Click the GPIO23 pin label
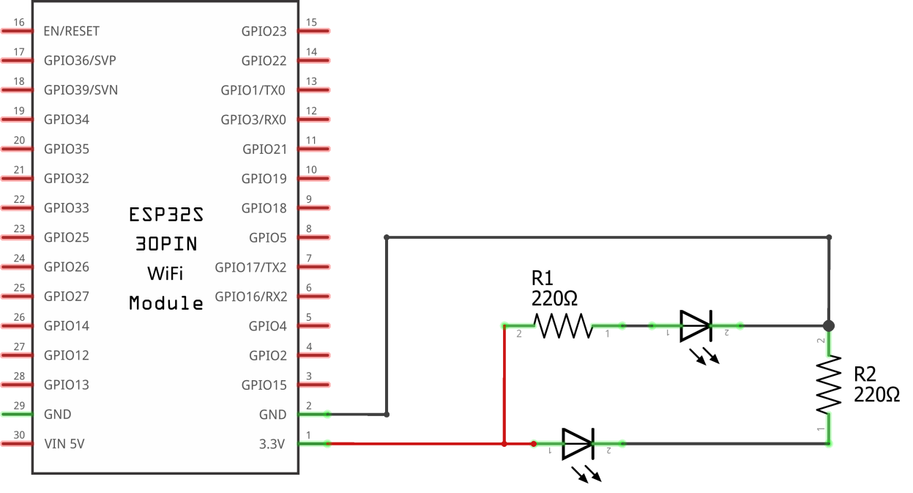click(264, 31)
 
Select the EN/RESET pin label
click(71, 31)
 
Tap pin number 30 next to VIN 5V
click(19, 435)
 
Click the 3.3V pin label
click(272, 444)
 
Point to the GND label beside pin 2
click(272, 415)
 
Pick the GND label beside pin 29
click(58, 414)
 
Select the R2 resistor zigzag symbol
click(829, 385)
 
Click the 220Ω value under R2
click(876, 395)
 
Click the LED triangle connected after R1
click(695, 325)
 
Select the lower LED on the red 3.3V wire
click(577, 444)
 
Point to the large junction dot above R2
click(829, 325)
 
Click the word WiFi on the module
click(165, 273)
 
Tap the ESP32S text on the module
click(165, 215)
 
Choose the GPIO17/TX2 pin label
click(250, 267)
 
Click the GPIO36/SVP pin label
click(80, 61)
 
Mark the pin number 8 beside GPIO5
click(308, 229)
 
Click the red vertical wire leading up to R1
click(504, 385)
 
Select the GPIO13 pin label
click(67, 385)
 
